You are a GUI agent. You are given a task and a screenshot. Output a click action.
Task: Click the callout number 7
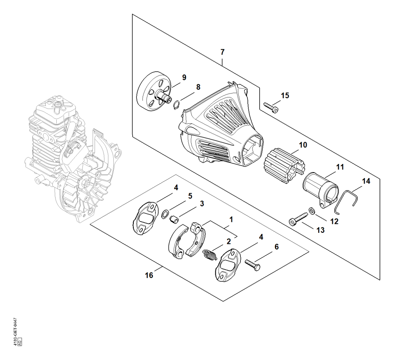point(222,52)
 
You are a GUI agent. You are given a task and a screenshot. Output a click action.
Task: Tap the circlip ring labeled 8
point(176,105)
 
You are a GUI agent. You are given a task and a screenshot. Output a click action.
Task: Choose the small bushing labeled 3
point(174,219)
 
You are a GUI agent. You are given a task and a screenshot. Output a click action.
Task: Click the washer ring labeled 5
point(165,214)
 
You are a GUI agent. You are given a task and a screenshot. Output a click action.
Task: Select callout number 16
point(149,275)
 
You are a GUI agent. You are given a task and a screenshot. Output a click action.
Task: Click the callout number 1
point(231,220)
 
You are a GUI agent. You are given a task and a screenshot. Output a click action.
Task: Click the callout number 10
point(303,145)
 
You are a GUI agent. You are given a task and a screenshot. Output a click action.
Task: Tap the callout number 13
point(321,230)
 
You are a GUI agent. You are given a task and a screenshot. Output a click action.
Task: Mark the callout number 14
point(366,181)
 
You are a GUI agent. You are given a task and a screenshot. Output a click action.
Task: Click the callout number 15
point(285,95)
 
